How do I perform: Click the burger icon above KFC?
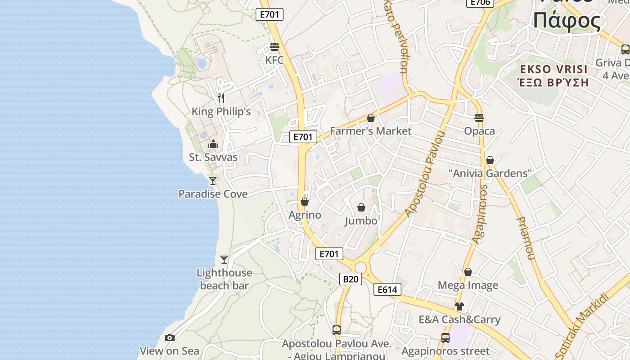(274, 46)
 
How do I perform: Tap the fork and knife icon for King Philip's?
(221, 98)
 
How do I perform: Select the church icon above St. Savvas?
(213, 144)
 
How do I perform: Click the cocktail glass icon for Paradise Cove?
(213, 180)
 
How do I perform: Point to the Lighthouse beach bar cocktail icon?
(224, 259)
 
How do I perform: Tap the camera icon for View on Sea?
(170, 337)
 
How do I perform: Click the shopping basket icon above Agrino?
(305, 201)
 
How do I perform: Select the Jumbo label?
(361, 221)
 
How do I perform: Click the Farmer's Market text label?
(370, 131)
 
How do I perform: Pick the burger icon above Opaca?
(479, 118)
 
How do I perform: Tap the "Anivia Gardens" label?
(490, 173)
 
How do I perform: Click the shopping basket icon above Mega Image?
(468, 272)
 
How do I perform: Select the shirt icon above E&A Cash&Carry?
(459, 306)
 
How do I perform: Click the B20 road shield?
(351, 279)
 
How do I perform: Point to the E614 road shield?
(387, 289)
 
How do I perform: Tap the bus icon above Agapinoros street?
(445, 337)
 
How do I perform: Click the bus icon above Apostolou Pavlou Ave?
(337, 330)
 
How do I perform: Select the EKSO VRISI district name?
(553, 69)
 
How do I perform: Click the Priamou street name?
(525, 238)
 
